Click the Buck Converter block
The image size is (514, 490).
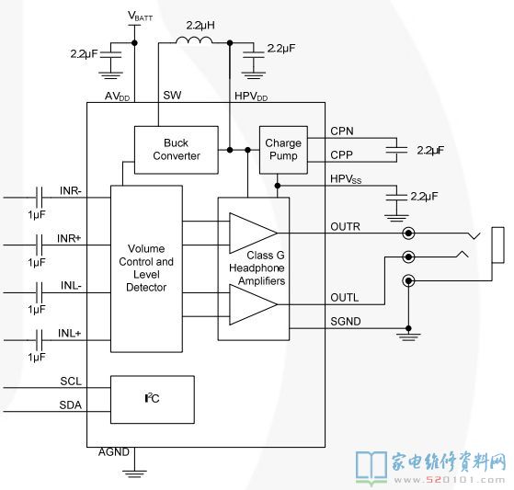pos(177,150)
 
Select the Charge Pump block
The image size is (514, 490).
pos(283,150)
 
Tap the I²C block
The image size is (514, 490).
pos(153,400)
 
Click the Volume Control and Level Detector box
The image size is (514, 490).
pos(146,268)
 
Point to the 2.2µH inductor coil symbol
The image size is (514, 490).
pos(194,40)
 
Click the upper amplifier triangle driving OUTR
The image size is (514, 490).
pos(254,233)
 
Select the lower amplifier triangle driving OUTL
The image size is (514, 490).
pos(254,304)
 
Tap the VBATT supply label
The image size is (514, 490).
pos(141,16)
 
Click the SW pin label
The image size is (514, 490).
pos(172,95)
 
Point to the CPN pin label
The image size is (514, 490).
pos(342,131)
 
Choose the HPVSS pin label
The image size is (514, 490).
pos(346,179)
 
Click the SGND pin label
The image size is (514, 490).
pos(346,322)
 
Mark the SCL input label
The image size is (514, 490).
pos(71,382)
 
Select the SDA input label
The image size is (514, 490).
pos(71,405)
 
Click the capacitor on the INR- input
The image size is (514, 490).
pos(39,198)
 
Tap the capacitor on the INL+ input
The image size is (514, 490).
pos(39,340)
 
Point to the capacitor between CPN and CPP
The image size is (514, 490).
pos(396,150)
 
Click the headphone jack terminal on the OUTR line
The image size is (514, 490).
pos(408,234)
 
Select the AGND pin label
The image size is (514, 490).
pos(114,452)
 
